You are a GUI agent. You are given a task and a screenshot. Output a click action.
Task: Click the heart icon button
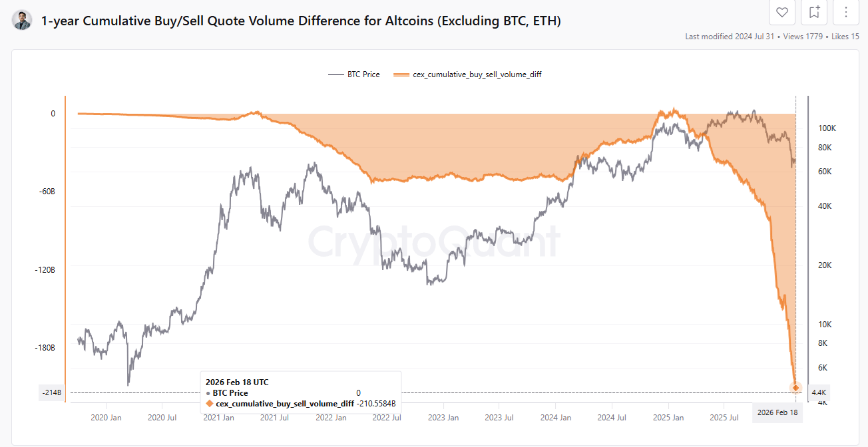(782, 12)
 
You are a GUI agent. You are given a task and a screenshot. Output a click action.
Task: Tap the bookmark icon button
(814, 12)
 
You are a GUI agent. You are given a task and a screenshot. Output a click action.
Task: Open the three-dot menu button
(846, 12)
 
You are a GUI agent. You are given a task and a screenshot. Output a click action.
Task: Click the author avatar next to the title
(22, 21)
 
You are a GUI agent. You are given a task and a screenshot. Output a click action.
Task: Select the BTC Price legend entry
(355, 74)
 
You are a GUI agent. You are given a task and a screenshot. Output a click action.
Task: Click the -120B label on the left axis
(45, 270)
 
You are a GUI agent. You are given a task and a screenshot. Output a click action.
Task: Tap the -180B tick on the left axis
(45, 348)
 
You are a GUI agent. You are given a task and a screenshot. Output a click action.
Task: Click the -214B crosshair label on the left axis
(51, 393)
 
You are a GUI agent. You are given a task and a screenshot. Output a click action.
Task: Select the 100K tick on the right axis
(826, 128)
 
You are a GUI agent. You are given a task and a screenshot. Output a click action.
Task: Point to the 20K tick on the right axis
(824, 265)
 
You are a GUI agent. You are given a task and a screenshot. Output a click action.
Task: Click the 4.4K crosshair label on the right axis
(818, 393)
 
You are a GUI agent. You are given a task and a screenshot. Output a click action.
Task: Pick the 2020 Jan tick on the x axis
(106, 418)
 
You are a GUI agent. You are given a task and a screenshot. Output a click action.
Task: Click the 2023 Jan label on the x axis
(443, 418)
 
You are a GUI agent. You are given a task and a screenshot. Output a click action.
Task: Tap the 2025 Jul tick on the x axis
(724, 418)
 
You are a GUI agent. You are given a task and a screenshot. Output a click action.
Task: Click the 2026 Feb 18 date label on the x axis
(777, 413)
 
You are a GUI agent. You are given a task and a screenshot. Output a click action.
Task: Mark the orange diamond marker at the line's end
(795, 388)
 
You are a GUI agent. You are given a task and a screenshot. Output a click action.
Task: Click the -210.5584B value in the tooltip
(376, 404)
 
